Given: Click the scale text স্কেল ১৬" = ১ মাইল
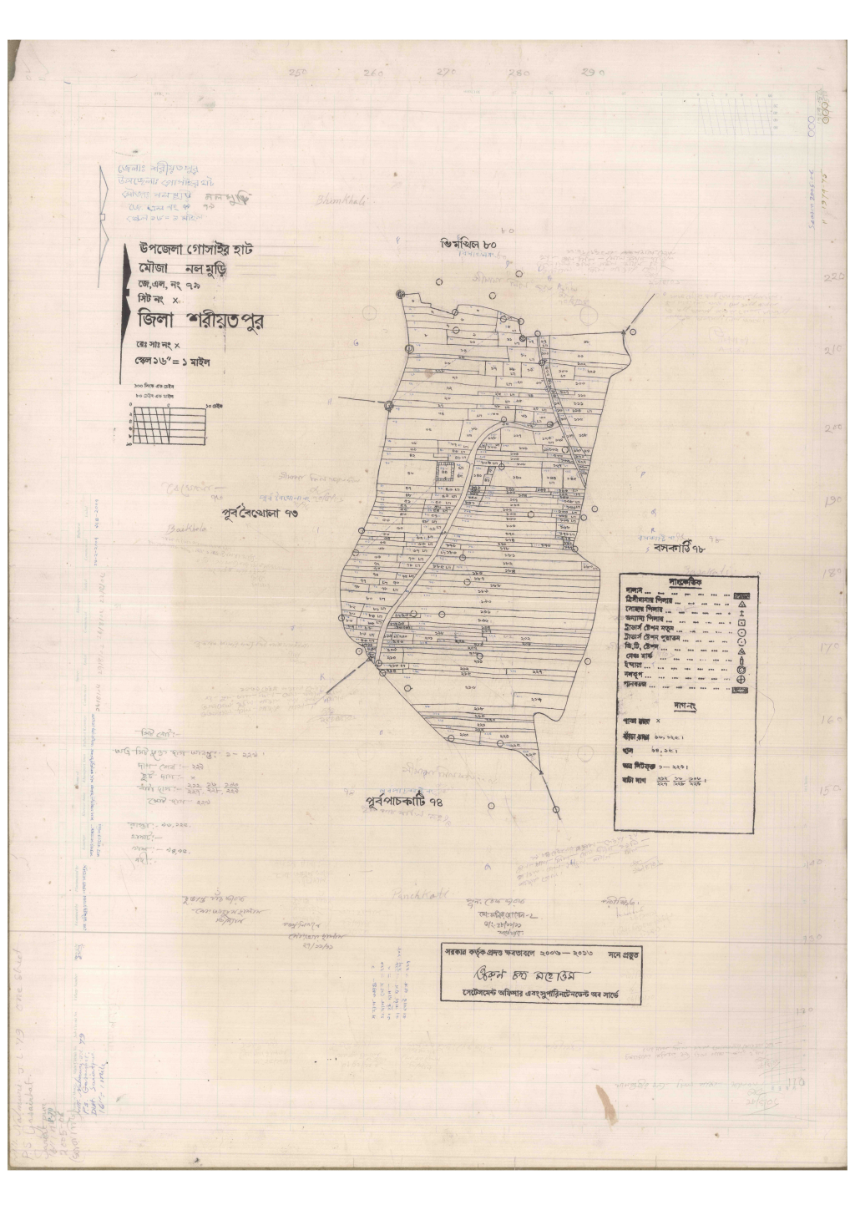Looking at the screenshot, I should point(175,364).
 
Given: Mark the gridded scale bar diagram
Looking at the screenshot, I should point(167,425).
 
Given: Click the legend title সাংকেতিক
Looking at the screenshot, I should point(686,581).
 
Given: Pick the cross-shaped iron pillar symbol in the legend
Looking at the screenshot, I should point(741,613).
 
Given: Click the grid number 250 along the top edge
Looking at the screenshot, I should point(298,73).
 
